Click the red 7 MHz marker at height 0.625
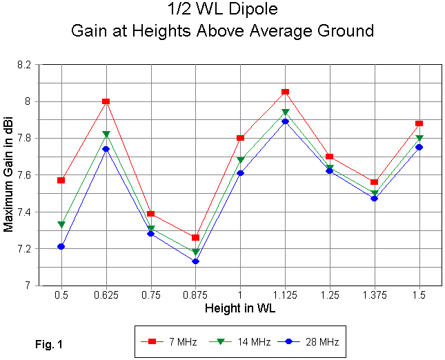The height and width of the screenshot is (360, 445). [106, 101]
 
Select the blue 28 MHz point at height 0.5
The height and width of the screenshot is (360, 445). [61, 246]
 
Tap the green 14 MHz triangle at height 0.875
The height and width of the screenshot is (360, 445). [195, 252]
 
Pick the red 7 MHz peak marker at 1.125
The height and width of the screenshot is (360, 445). [285, 92]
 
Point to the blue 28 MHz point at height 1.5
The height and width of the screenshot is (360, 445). [419, 147]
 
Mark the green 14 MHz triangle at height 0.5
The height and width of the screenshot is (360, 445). [61, 225]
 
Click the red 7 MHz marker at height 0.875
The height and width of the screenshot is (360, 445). [195, 237]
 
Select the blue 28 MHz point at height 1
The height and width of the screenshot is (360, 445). [240, 173]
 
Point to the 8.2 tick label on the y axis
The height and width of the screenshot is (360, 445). [25, 65]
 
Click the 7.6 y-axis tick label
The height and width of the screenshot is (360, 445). [25, 175]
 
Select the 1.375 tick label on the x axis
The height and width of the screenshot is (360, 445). [374, 295]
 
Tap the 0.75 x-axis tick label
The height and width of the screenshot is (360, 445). [150, 295]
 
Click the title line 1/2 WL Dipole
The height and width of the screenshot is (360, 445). [222, 12]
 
